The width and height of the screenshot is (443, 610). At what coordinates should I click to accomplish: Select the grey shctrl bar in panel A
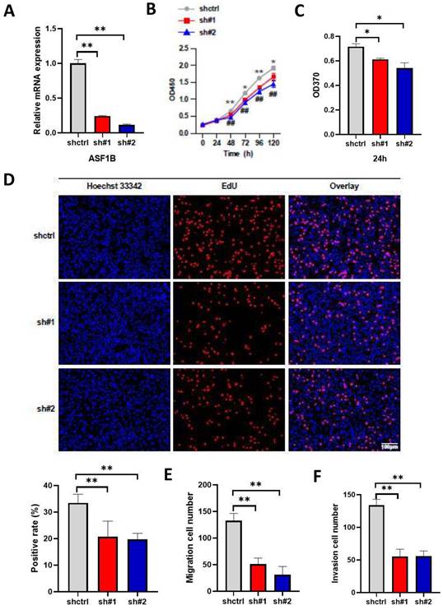pos(78,98)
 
